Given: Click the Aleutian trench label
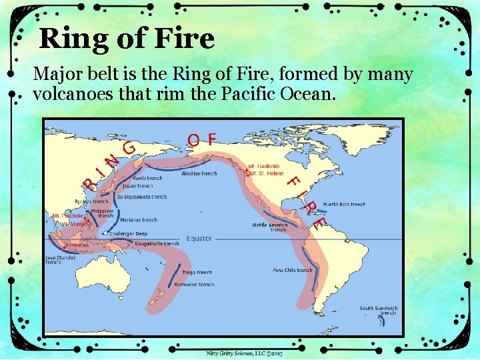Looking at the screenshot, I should tap(199, 173).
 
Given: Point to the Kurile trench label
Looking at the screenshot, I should tap(148, 179).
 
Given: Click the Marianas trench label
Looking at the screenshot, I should tap(140, 220).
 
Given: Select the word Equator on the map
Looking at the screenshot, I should tap(199, 239).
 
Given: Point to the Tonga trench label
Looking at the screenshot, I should tap(197, 273).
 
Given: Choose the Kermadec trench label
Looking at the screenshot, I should tap(195, 285).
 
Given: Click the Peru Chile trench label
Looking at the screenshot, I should tap(293, 270).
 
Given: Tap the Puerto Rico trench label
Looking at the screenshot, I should tap(344, 204).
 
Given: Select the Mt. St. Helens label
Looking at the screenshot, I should tap(264, 173).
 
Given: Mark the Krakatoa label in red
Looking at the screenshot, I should tap(77, 245).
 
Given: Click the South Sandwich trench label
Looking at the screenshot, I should tap(378, 311).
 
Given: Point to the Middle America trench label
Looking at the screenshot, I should tap(269, 227).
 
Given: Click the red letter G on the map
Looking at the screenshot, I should tap(129, 146).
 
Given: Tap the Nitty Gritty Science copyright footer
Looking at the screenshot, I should tap(244, 353).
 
